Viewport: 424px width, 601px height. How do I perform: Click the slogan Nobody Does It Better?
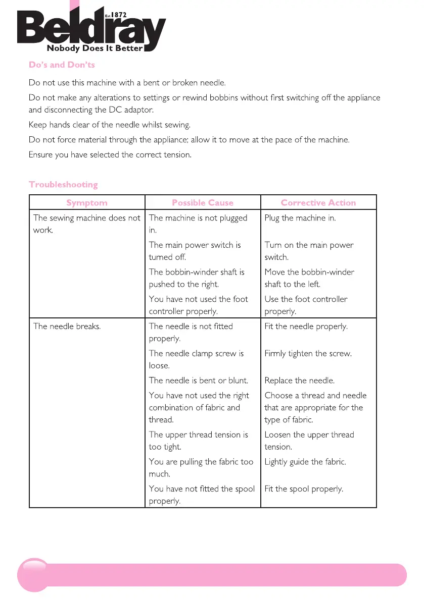95,49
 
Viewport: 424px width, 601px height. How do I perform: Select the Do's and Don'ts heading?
62,65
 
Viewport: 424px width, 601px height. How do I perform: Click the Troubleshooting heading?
63,184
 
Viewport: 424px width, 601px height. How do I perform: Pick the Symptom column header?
87,203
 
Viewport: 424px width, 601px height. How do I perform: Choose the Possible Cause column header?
203,203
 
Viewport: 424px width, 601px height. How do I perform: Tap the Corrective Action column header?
318,203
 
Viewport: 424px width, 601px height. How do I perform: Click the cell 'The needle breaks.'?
67,326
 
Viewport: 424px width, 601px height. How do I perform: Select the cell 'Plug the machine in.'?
300,218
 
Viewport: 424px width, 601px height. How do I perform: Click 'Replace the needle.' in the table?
300,380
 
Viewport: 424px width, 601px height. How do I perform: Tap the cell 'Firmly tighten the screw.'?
308,353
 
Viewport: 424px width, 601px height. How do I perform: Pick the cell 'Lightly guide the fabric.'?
305,462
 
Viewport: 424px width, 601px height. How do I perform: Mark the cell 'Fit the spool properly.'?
304,489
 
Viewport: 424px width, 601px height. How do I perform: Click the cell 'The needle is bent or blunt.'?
199,380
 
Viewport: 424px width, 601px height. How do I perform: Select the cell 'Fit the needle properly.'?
306,326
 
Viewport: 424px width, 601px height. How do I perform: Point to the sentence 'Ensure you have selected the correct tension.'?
110,154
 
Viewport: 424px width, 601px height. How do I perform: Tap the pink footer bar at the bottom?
212,575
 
